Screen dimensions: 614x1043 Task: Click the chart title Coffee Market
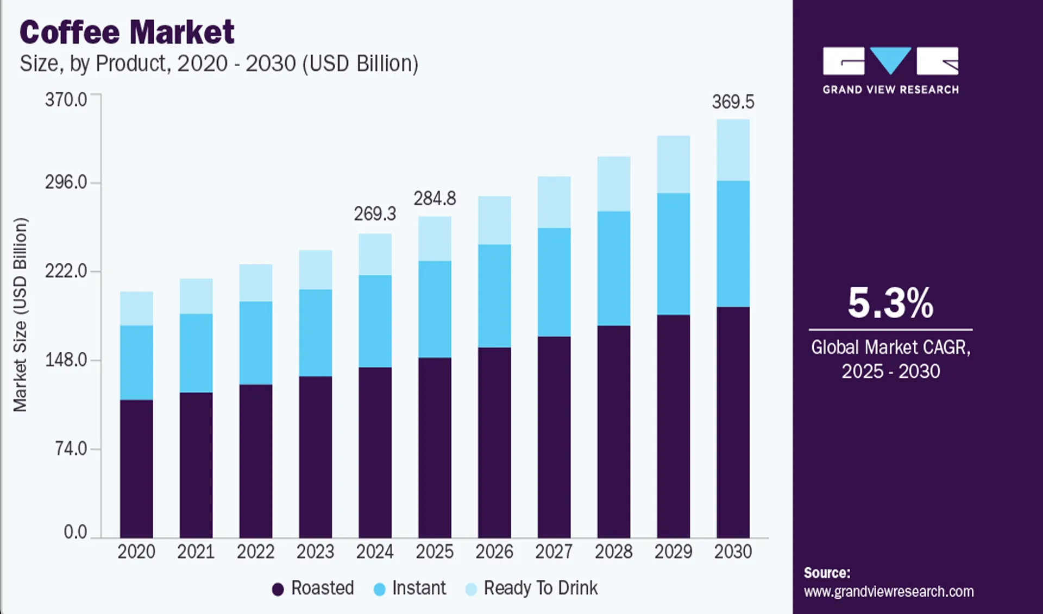pyautogui.click(x=127, y=32)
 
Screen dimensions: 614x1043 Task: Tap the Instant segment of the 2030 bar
pyautogui.click(x=733, y=244)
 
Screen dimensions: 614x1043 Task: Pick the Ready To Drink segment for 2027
pyautogui.click(x=554, y=202)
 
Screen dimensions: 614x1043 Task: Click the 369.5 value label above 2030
pyautogui.click(x=733, y=102)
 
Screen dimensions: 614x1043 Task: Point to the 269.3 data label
pyautogui.click(x=375, y=214)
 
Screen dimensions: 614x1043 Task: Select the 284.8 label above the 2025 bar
pyautogui.click(x=435, y=199)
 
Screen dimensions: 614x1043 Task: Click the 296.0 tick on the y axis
pyautogui.click(x=66, y=182)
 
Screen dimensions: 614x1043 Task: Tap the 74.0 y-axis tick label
pyautogui.click(x=71, y=449)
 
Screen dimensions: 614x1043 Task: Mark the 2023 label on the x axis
pyautogui.click(x=315, y=552)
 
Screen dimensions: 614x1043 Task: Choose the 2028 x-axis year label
pyautogui.click(x=613, y=552)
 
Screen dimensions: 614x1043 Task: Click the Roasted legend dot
pyautogui.click(x=278, y=590)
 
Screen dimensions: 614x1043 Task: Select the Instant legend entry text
pyautogui.click(x=419, y=588)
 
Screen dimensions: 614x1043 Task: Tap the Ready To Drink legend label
pyautogui.click(x=541, y=588)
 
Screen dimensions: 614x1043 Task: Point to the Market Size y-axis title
pyautogui.click(x=20, y=314)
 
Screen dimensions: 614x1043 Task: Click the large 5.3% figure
pyautogui.click(x=890, y=303)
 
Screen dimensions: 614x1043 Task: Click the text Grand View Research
pyautogui.click(x=890, y=90)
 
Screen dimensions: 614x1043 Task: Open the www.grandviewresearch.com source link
pyautogui.click(x=889, y=591)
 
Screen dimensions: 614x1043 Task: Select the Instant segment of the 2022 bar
pyautogui.click(x=256, y=343)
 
